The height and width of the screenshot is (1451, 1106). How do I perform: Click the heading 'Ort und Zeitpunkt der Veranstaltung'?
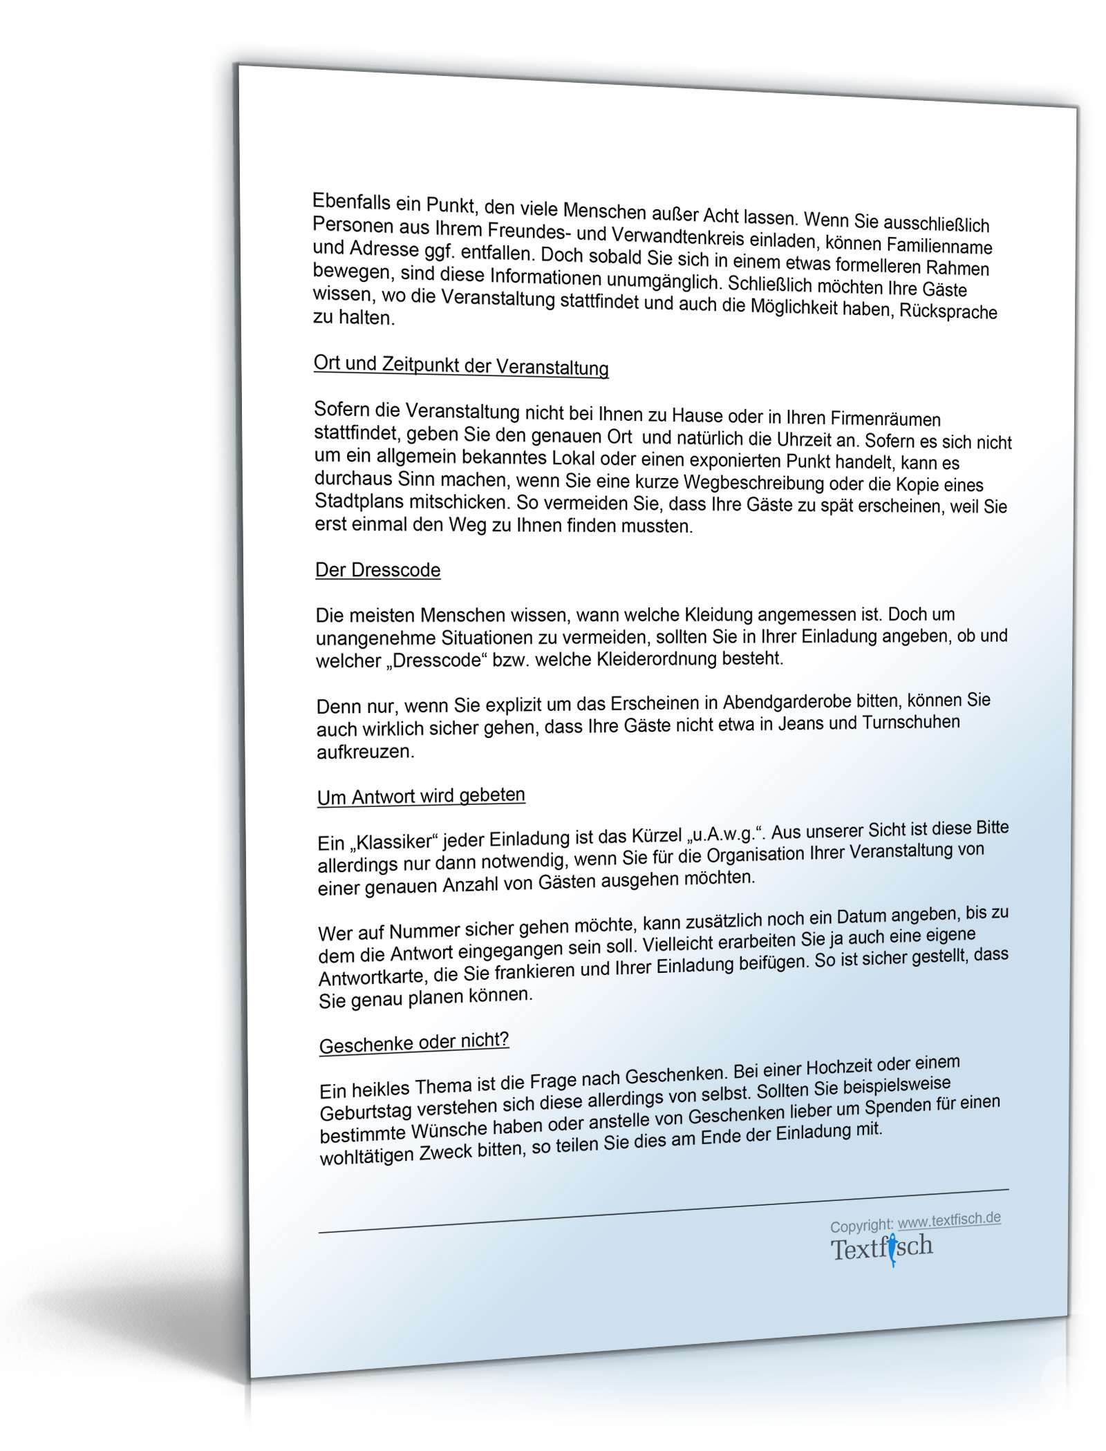[461, 366]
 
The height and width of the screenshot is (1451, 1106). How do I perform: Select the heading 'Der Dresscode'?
[377, 570]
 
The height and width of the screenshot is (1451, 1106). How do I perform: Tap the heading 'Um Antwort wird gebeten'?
[421, 796]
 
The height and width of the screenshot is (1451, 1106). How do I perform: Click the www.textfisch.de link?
[949, 1220]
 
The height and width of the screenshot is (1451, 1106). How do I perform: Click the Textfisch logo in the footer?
[881, 1249]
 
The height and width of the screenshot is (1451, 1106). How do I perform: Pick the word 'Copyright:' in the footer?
[861, 1225]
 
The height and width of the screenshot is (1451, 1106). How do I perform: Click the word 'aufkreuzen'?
[365, 752]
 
